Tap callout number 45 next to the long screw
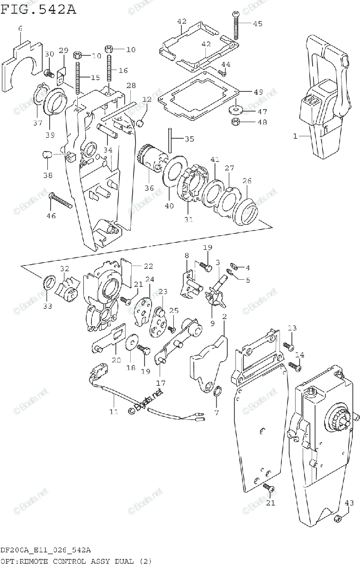point(257,24)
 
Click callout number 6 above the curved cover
point(20,29)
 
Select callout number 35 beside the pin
point(189,139)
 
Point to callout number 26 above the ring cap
point(247,181)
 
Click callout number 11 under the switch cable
point(114,412)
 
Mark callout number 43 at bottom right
point(349,503)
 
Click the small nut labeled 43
point(337,519)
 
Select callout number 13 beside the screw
point(292,328)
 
